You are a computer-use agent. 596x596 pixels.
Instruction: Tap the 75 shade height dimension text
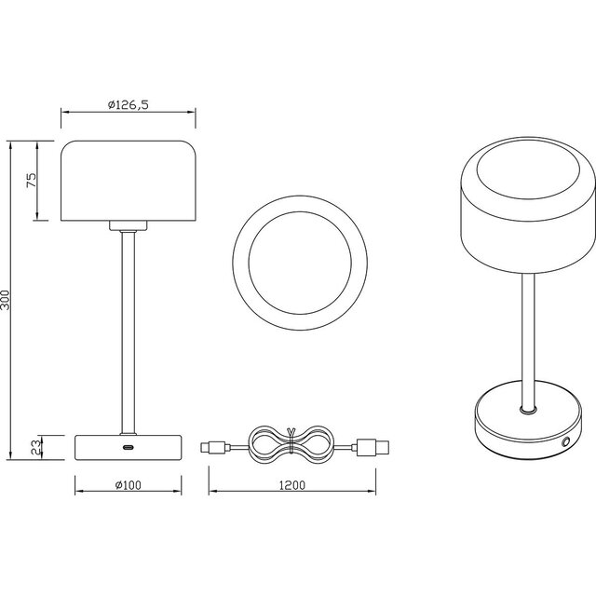(31, 182)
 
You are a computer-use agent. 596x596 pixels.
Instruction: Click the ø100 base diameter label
(128, 483)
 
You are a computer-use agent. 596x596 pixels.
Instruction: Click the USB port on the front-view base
(128, 447)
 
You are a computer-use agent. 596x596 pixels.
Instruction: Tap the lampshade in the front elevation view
(128, 182)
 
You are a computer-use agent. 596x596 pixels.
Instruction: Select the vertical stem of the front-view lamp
(128, 326)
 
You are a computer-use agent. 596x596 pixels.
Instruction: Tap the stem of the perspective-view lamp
(527, 335)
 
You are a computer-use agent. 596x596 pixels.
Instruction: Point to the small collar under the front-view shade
(128, 225)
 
